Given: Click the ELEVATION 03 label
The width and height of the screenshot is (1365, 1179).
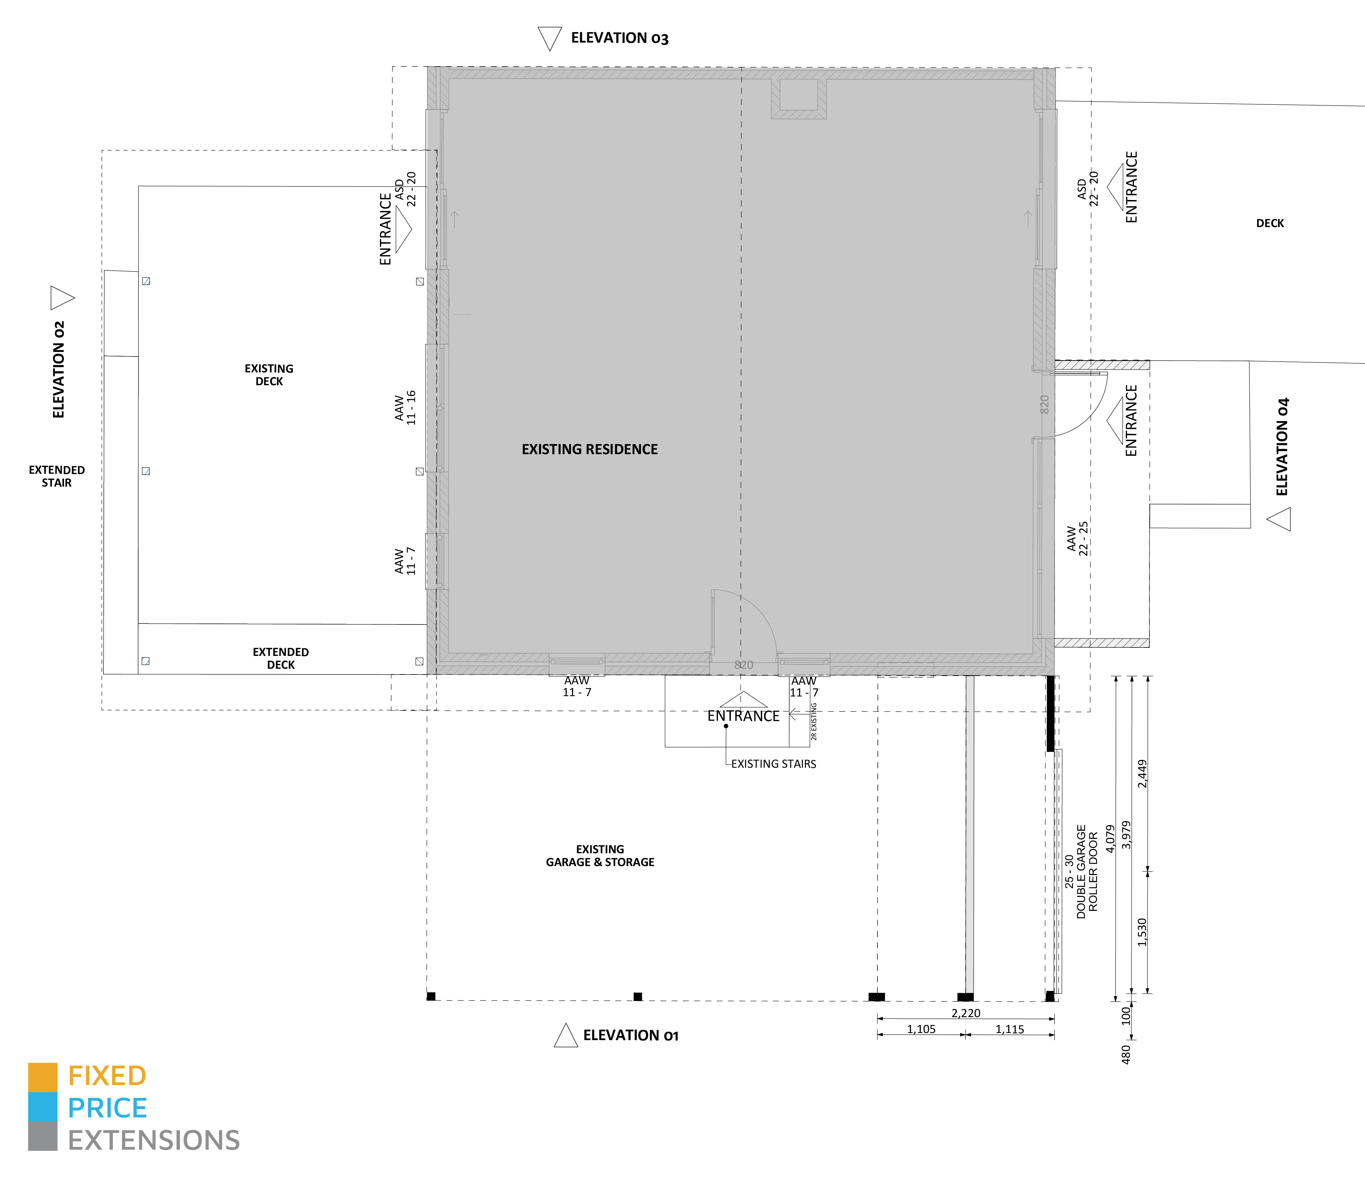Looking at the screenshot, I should (x=619, y=38).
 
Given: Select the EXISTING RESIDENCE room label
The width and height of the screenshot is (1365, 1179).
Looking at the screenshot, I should (x=590, y=449).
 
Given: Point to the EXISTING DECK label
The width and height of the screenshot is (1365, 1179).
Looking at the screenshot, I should (x=269, y=375).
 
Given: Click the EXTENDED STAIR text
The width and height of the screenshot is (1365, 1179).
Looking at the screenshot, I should (x=57, y=476).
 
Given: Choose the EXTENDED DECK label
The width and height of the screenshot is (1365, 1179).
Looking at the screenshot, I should (x=281, y=658).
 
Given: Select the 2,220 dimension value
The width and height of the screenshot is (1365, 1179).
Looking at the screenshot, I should (x=966, y=1013).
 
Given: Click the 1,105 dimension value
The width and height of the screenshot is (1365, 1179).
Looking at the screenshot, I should (x=921, y=1029).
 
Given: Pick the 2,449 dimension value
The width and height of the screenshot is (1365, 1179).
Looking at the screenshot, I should (x=1142, y=774).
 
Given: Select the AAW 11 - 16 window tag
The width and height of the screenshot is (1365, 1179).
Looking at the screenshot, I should (x=405, y=407).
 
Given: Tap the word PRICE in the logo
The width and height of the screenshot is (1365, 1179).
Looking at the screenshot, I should (x=107, y=1108).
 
